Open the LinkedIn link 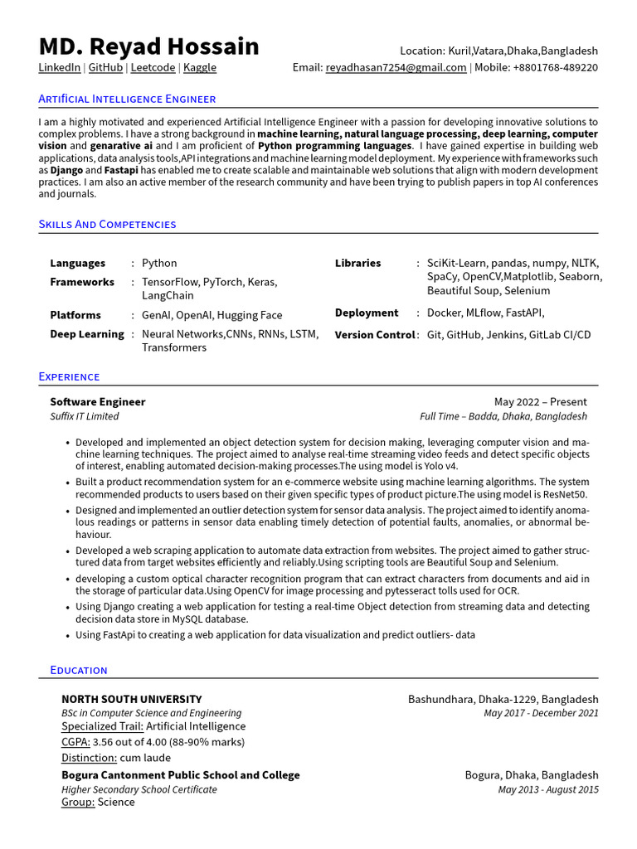click(60, 68)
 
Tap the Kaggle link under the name click(200, 68)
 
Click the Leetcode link click(153, 68)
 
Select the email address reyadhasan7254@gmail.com click(396, 68)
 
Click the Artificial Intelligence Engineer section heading click(127, 99)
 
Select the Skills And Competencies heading click(107, 224)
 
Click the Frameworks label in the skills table click(82, 282)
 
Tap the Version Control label click(374, 335)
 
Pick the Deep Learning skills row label click(86, 334)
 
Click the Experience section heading click(69, 376)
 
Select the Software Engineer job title click(97, 402)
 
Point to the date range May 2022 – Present click(540, 402)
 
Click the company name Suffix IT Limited click(84, 416)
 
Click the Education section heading click(73, 670)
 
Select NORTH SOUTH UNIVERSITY click(131, 699)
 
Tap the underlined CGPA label click(75, 742)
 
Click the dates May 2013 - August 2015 click(547, 789)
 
